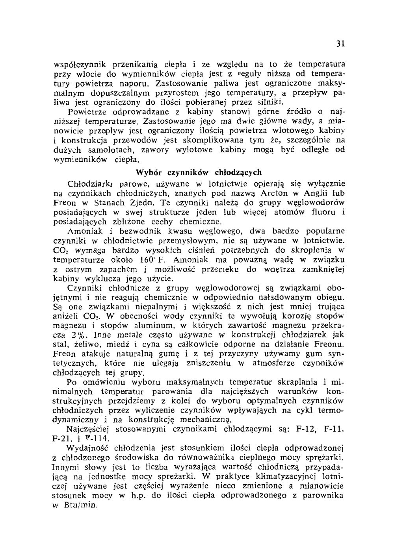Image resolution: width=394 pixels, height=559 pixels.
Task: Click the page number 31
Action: (x=341, y=44)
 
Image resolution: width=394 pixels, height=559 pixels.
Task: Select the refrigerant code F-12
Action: (x=305, y=429)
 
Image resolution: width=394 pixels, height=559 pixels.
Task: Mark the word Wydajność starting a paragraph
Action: (x=89, y=448)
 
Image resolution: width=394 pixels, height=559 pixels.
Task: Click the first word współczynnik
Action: (x=82, y=64)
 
